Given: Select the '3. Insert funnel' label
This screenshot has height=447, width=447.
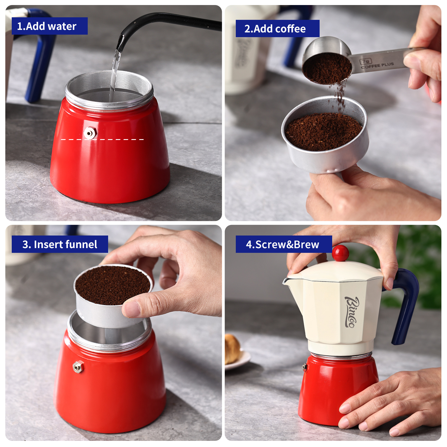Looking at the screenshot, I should point(60,244).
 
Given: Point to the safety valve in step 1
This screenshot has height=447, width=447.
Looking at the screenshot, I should point(89,133).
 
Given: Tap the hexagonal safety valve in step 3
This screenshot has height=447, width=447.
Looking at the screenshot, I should point(78,367).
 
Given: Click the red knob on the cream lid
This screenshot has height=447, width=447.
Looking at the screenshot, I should point(340,253).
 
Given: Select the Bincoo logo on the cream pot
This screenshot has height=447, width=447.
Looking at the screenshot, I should point(351,312).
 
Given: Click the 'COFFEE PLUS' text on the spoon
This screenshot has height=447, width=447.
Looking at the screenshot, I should point(377,65).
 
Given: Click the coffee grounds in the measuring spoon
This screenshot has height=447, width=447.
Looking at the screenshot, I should point(327,68).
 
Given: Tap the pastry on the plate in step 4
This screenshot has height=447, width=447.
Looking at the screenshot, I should point(232,348).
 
